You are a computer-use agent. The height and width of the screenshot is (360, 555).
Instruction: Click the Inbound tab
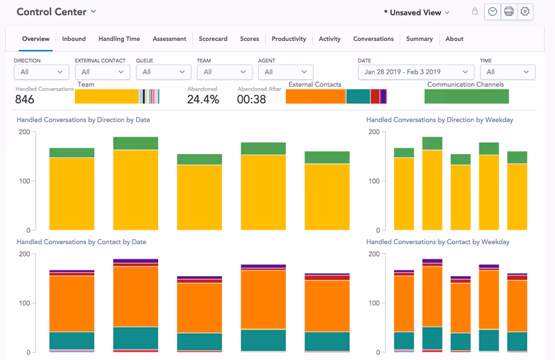point(74,39)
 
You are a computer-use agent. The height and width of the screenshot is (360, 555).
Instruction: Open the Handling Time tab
point(119,39)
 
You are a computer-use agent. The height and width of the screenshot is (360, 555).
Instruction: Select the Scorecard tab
point(212,39)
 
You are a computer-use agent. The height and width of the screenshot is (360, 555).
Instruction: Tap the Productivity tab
point(289,39)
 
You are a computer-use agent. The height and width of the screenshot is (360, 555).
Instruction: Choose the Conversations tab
point(373,39)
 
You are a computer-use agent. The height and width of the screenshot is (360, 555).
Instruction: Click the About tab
point(454,39)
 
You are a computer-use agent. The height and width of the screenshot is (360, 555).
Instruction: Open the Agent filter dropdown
point(285,72)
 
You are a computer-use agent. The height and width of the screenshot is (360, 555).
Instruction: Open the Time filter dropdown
point(507,72)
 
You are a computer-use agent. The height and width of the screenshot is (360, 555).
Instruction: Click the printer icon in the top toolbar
point(509,12)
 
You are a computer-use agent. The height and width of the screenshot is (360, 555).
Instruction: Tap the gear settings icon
point(525,12)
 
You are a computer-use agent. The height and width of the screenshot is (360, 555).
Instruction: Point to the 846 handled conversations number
point(25,99)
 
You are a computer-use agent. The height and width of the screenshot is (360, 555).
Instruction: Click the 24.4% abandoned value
point(203,99)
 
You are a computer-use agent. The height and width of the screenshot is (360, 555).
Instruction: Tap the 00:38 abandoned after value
point(252,99)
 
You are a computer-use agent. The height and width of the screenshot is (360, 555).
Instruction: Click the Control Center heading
point(51,12)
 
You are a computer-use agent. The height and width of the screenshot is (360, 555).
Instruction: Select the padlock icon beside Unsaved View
point(475,12)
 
